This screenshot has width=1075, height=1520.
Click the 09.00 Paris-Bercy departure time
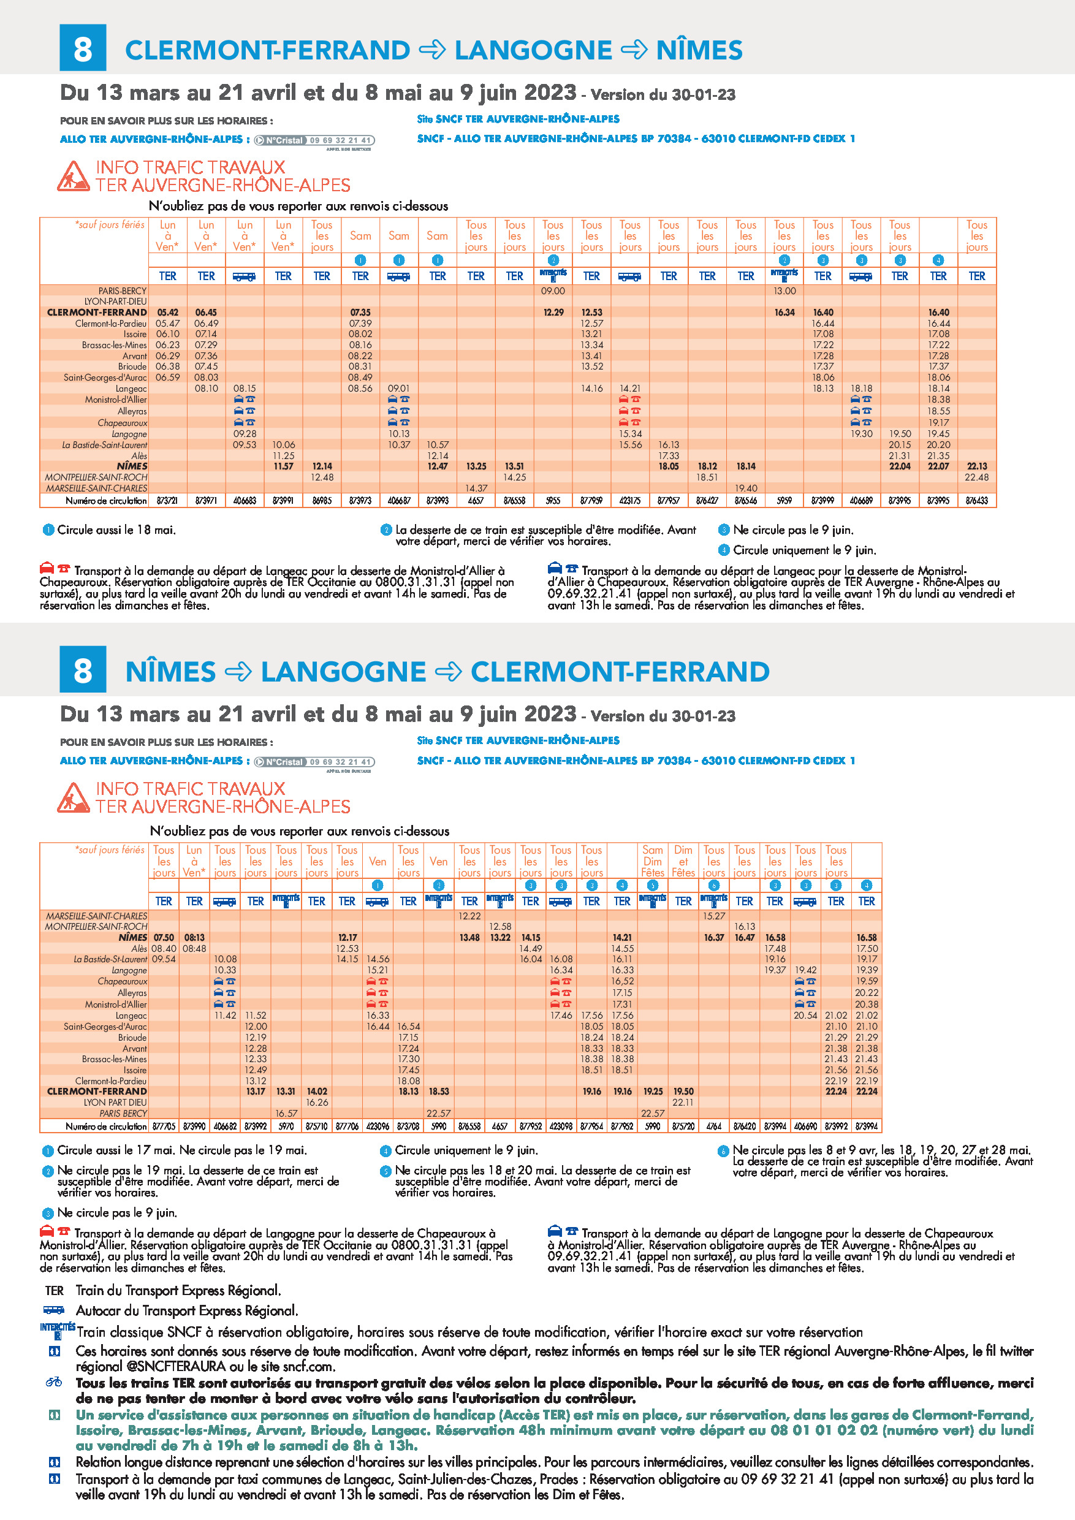[x=553, y=291]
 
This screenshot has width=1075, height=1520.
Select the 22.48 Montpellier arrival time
[x=976, y=477]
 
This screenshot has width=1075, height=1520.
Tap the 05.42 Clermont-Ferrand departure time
[x=167, y=313]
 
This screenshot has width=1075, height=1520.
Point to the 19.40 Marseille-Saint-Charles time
[x=745, y=488]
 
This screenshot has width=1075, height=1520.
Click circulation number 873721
[x=167, y=501]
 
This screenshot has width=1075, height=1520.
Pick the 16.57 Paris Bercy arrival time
[x=286, y=1114]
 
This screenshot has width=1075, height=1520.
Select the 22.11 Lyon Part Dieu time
[x=683, y=1102]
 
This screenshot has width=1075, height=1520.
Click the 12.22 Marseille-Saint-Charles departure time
[x=469, y=916]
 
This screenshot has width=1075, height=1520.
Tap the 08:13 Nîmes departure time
[x=194, y=937]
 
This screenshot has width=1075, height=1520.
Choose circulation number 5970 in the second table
[x=286, y=1126]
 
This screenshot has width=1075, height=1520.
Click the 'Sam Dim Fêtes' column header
[x=653, y=861]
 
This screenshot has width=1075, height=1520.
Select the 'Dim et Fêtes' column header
[x=683, y=861]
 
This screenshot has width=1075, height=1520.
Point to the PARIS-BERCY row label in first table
[x=123, y=291]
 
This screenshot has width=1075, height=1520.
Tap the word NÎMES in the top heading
[x=699, y=50]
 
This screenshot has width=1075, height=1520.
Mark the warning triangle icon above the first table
[x=73, y=176]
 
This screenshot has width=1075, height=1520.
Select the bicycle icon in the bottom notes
[x=55, y=1382]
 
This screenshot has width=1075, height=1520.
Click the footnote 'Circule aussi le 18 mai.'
[x=116, y=530]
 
